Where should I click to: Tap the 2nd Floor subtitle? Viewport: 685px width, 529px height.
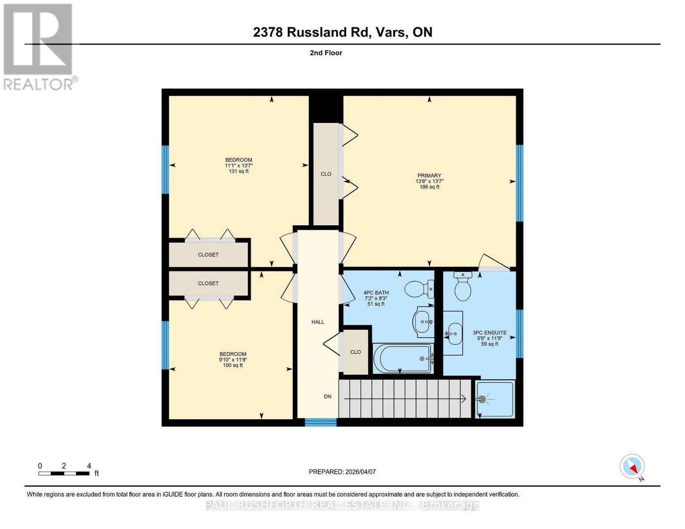pos(326,53)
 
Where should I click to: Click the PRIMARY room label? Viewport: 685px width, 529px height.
pos(429,175)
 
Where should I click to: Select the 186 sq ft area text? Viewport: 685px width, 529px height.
pos(429,187)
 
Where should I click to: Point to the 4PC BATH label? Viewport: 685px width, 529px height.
pos(376,293)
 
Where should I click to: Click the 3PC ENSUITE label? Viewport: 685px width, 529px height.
pos(490,333)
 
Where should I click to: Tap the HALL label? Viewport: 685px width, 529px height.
pos(318,322)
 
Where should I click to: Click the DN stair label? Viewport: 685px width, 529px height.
pos(328,397)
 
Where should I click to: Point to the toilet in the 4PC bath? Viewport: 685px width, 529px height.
pos(419,289)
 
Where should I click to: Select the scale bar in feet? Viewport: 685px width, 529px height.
pos(64,473)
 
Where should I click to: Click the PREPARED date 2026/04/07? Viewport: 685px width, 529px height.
pos(342,472)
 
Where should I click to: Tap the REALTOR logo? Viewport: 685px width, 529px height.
pos(39,46)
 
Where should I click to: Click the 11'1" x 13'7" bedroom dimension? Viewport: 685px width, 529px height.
pos(239,166)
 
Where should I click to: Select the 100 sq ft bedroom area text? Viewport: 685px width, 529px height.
pos(233,365)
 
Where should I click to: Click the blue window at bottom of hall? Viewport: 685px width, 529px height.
pos(321,422)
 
